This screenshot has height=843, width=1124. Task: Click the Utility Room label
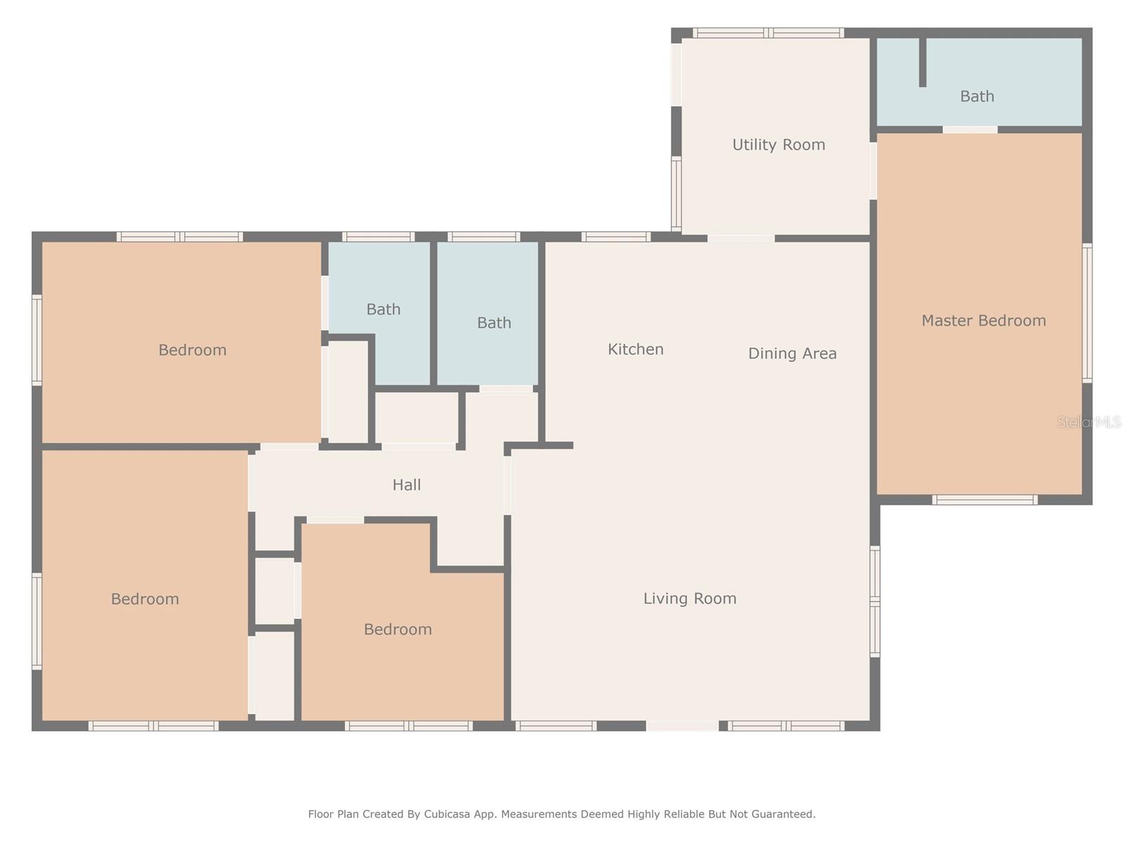[x=778, y=145]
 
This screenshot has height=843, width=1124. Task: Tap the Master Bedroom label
[x=983, y=320]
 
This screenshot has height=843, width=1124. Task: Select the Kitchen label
[x=636, y=349]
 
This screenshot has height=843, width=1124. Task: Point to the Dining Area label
[x=792, y=353]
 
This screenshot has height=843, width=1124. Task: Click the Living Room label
[x=690, y=599]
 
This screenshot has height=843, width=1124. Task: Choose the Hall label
[x=407, y=485]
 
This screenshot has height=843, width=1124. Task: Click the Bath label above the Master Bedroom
[x=977, y=96]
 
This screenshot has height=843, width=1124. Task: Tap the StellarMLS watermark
[x=1089, y=422]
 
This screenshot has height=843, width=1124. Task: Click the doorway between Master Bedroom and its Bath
[x=970, y=129]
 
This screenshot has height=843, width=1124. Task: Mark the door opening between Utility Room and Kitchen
[x=741, y=238]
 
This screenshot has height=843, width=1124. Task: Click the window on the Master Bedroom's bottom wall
[x=984, y=499]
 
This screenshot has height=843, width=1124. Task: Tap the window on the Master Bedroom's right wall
[x=1087, y=313]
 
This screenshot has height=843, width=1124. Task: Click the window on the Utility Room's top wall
[x=768, y=33]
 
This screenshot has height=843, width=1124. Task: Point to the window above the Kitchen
[x=615, y=237]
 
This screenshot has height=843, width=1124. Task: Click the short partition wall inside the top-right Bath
[x=923, y=62]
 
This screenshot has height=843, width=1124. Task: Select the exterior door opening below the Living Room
[x=682, y=726]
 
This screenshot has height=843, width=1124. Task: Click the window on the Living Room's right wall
[x=875, y=601]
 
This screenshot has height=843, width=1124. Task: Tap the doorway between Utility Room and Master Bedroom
[x=873, y=171]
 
